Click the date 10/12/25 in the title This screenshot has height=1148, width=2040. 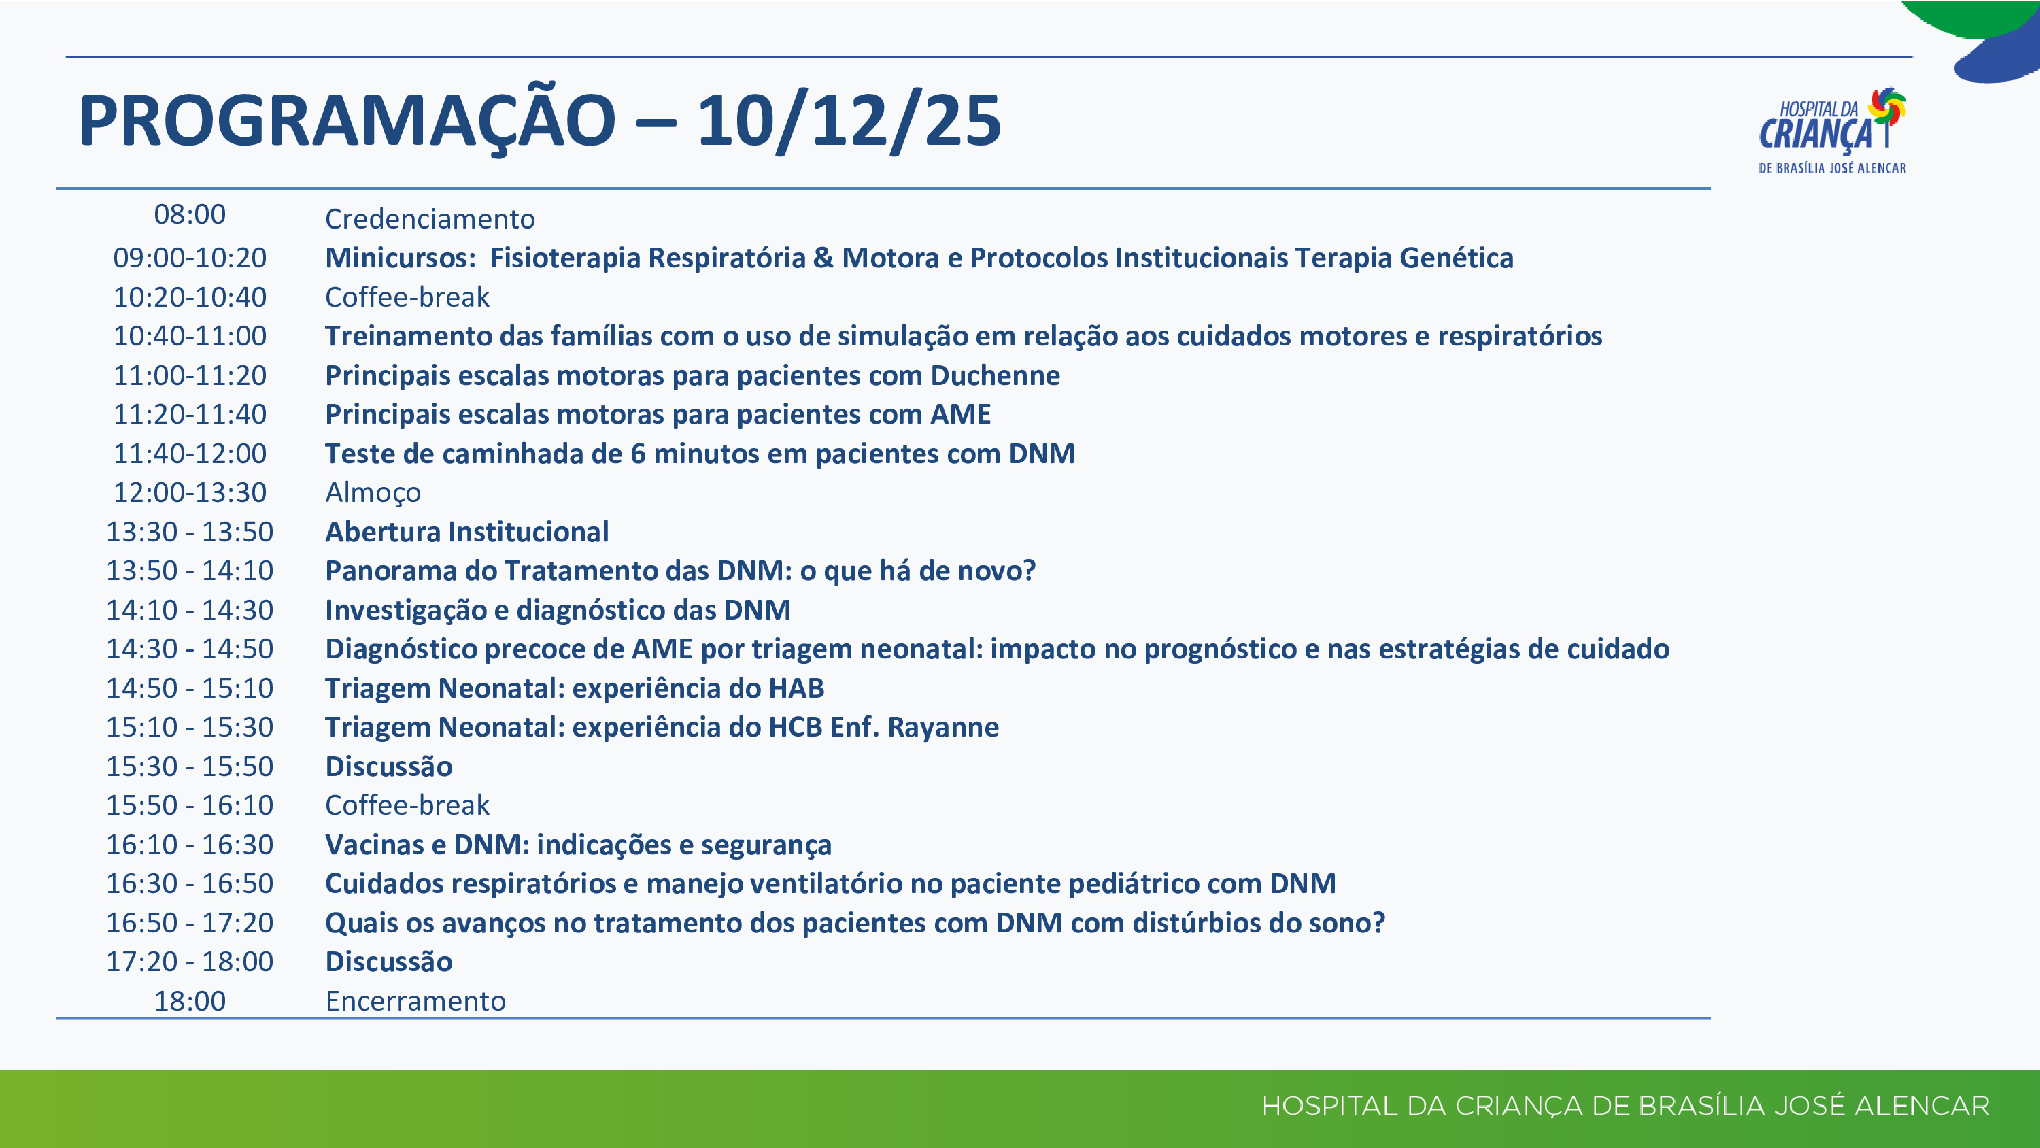[849, 120]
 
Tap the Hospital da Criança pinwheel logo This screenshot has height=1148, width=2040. [1832, 131]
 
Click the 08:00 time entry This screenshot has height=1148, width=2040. [190, 214]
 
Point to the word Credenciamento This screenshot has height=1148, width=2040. [430, 219]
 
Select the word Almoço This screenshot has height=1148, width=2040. [373, 493]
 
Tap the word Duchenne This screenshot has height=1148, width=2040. [995, 375]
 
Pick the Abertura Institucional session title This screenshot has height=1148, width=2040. [467, 532]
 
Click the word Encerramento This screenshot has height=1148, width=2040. [415, 1000]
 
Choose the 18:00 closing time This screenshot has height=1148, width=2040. [190, 1000]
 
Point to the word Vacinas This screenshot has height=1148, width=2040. [375, 845]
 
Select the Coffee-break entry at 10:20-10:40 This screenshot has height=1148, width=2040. [407, 297]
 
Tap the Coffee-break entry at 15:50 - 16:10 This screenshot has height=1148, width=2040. [407, 805]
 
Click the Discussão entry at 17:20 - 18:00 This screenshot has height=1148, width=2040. [389, 962]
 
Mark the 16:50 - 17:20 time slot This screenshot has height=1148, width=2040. [190, 923]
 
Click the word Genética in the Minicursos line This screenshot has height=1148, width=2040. [1457, 258]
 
